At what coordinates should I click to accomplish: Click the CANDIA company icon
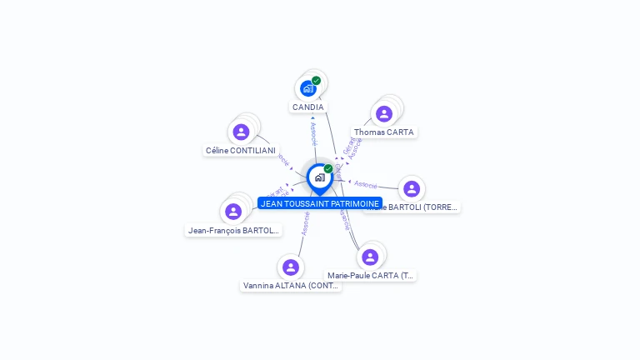click(308, 88)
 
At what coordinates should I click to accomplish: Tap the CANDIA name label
click(308, 107)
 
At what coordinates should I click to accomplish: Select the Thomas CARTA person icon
click(384, 114)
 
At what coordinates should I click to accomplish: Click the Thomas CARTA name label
click(383, 132)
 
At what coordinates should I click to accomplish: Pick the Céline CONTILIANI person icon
click(241, 132)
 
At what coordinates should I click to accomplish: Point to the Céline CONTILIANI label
click(241, 151)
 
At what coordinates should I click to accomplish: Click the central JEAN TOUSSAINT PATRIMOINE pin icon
click(319, 177)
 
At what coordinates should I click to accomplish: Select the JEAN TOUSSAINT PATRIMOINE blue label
click(320, 203)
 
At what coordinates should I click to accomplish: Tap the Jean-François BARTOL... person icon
click(233, 212)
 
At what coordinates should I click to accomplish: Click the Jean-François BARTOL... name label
click(233, 231)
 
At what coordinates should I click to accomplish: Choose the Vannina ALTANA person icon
click(290, 267)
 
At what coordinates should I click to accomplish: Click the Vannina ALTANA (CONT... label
click(291, 285)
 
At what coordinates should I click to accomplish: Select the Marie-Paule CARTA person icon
click(370, 257)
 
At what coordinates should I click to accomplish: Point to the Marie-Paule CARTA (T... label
click(371, 275)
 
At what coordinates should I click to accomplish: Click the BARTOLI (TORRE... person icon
click(411, 188)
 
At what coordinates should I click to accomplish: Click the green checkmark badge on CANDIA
click(317, 81)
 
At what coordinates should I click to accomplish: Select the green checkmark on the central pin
click(328, 168)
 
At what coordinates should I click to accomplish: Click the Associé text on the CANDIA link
click(313, 132)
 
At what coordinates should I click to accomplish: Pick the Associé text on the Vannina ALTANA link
click(306, 224)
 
